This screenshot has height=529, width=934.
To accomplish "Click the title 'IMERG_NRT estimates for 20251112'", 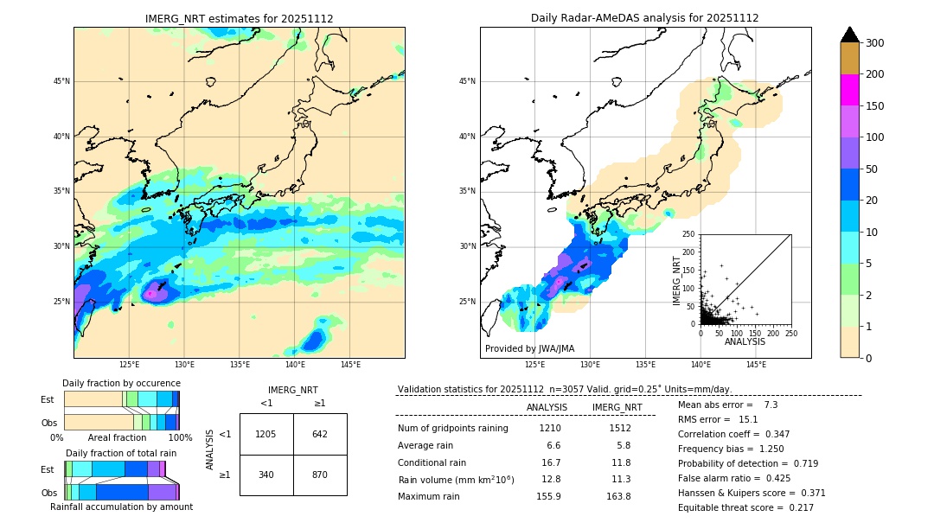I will pos(239,18).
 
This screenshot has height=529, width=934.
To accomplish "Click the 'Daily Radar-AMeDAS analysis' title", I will pos(644,18).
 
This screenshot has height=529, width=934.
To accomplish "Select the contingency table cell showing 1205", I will pos(266,434).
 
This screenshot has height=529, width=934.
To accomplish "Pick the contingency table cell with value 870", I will pos(320,475).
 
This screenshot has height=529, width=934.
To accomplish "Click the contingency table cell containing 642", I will pos(320,434).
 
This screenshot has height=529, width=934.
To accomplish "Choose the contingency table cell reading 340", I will pos(266,475).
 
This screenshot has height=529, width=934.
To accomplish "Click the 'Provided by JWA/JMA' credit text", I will pos(529,349).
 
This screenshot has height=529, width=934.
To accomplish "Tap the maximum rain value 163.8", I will pos(617,496).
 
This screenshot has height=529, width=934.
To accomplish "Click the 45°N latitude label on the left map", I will pos(61,81).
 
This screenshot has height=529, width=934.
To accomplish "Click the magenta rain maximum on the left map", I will pos(151,294).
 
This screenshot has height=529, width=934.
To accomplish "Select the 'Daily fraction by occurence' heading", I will pos(121,383).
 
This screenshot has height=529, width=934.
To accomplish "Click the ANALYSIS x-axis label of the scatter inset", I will pos(745,342).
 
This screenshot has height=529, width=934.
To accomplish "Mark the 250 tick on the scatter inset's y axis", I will pos(689,234).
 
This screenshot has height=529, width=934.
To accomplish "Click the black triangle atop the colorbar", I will pos(850,35).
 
